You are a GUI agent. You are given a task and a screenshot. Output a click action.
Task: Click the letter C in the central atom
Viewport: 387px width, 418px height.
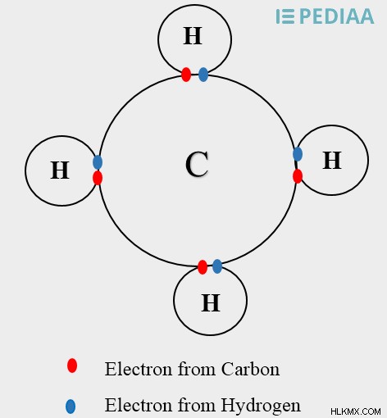coord(197,164)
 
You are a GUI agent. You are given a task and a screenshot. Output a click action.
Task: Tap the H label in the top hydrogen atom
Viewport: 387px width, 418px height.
coord(193,36)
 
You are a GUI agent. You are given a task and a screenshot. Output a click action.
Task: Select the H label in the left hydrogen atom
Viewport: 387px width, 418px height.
coord(60,170)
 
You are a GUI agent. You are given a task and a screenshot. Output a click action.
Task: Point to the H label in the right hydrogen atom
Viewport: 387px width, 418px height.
coord(332,161)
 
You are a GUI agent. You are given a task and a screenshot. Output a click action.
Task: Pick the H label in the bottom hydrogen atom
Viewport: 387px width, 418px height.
coord(211,303)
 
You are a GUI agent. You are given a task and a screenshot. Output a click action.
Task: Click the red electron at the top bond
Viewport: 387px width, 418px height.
coord(186,75)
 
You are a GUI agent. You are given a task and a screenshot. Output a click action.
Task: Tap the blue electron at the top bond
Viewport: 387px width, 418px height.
coord(203,75)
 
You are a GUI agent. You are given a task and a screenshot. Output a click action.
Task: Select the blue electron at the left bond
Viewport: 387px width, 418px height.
coord(98,162)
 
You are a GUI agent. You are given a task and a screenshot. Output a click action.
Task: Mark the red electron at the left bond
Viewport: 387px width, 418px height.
coord(98,178)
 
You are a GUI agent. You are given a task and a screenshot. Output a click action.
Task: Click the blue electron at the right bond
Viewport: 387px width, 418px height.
coord(298,154)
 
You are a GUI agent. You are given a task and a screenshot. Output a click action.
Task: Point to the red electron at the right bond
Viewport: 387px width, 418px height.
coord(298,176)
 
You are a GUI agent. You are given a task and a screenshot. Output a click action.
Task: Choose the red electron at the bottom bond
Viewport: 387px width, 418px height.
coord(203,267)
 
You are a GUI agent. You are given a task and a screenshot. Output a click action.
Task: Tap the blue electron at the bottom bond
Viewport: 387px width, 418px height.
coord(217,266)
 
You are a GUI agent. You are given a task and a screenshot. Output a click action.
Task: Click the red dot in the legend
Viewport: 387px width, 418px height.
coord(72,366)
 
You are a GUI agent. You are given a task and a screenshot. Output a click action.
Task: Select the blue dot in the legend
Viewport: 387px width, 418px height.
coord(71,407)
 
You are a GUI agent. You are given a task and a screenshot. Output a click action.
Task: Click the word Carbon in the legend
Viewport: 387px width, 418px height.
coord(250,369)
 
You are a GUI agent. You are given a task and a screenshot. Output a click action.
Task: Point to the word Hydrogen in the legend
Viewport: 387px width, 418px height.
coord(261,406)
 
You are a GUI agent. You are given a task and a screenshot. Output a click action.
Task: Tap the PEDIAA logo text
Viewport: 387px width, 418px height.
coord(337,16)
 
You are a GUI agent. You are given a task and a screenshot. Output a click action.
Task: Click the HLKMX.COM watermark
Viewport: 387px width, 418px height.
coord(356,411)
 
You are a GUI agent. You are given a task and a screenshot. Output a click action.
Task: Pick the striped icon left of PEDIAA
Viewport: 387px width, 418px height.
coord(285,16)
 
